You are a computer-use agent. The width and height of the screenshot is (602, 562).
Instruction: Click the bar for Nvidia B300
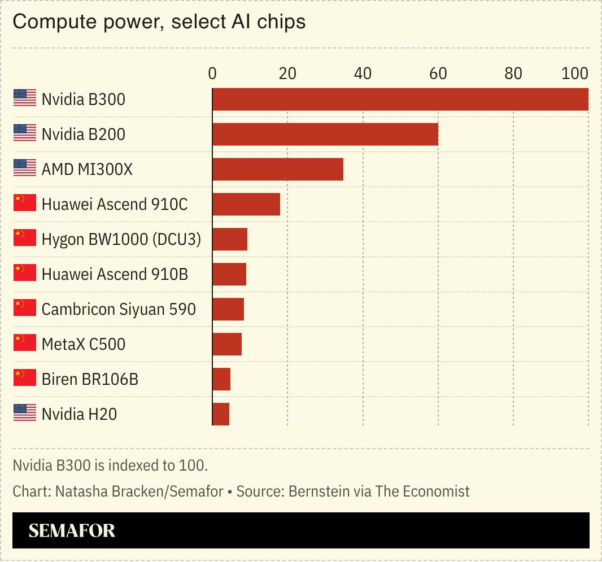click(400, 99)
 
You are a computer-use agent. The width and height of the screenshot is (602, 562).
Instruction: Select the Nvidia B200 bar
click(325, 134)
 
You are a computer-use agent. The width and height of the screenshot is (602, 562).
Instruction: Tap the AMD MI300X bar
click(277, 169)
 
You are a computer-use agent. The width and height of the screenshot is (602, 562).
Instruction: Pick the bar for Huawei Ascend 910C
click(246, 204)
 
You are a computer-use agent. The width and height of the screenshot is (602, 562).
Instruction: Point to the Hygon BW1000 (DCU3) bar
click(229, 239)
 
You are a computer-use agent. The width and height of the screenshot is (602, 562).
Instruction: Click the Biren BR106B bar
click(221, 379)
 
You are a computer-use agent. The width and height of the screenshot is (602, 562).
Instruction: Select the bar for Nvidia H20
click(220, 414)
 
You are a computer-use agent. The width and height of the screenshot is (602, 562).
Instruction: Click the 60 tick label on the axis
click(438, 73)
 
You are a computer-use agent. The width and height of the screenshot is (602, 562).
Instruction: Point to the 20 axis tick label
click(287, 73)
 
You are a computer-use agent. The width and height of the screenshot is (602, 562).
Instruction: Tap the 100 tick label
click(575, 73)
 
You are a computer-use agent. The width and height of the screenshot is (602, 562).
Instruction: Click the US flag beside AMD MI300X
click(24, 168)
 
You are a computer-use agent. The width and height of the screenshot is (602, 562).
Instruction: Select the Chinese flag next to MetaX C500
click(24, 343)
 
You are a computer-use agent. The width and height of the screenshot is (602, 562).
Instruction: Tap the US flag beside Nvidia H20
click(24, 413)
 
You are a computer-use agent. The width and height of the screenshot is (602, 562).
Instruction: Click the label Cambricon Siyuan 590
click(119, 309)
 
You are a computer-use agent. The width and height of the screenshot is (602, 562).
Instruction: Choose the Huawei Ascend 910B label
click(115, 274)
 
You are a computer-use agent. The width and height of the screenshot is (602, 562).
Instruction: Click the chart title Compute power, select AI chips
click(159, 22)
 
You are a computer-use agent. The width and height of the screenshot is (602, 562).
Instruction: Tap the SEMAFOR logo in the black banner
click(72, 530)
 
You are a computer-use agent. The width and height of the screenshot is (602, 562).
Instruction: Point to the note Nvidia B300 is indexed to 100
click(111, 466)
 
